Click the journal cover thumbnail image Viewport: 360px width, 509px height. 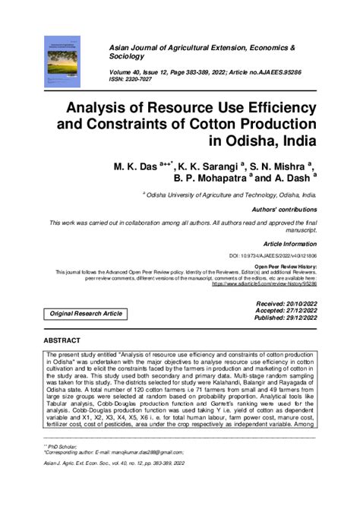(x=66, y=66)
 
